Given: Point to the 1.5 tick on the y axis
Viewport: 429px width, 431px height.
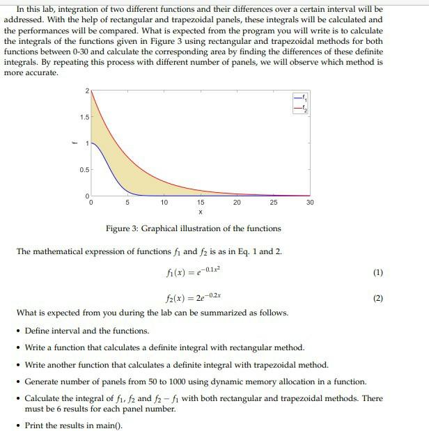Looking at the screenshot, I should point(83,118).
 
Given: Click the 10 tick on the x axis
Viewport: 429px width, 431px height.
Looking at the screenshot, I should point(163,203).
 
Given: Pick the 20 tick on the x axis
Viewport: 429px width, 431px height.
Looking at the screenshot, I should point(237,203).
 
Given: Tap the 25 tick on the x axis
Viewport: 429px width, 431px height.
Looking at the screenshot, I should point(273,203).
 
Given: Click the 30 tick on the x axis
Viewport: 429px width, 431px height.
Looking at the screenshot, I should point(310,203).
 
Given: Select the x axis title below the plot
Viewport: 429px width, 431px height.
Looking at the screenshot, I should point(200,212).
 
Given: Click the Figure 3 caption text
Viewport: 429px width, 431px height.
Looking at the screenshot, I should point(193,228).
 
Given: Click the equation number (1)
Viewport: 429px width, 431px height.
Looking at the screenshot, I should point(378,272).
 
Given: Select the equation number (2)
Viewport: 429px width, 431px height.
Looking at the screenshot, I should point(378,299).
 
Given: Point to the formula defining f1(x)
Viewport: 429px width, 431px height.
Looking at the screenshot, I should point(193,272).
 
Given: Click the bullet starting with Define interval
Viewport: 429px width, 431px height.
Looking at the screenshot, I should point(86,331).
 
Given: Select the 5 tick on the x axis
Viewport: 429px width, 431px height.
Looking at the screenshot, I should point(126,203).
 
